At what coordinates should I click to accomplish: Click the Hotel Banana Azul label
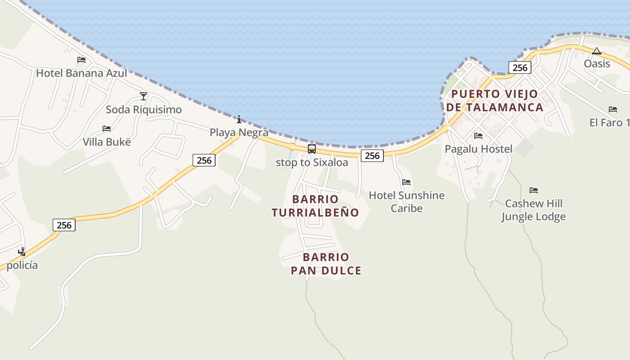coord(81,73)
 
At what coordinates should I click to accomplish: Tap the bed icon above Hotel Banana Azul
coord(81,59)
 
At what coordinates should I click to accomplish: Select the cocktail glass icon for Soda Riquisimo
coord(144,96)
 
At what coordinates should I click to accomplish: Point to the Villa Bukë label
coord(107,142)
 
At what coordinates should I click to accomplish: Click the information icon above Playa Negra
coord(239,119)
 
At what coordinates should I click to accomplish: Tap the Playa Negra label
coord(239,132)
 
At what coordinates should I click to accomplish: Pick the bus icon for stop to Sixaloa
coord(312,149)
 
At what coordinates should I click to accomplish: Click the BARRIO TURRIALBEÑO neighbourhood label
coord(315,206)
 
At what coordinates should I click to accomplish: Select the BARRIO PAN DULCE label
coord(326,264)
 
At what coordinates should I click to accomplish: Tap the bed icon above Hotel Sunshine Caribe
coord(406,182)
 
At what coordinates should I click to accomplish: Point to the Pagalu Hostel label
coord(478,149)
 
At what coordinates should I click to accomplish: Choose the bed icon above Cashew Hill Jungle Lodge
coord(534,190)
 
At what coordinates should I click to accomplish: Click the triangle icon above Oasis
coord(597,51)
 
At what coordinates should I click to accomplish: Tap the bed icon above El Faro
coord(613,109)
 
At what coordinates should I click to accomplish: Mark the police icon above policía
coord(22,252)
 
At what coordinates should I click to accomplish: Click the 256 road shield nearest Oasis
coord(520,68)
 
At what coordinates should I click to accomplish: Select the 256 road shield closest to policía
coord(64,225)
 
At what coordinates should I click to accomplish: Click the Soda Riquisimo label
coord(144,109)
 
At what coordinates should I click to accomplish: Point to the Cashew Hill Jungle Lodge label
coord(534,210)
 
